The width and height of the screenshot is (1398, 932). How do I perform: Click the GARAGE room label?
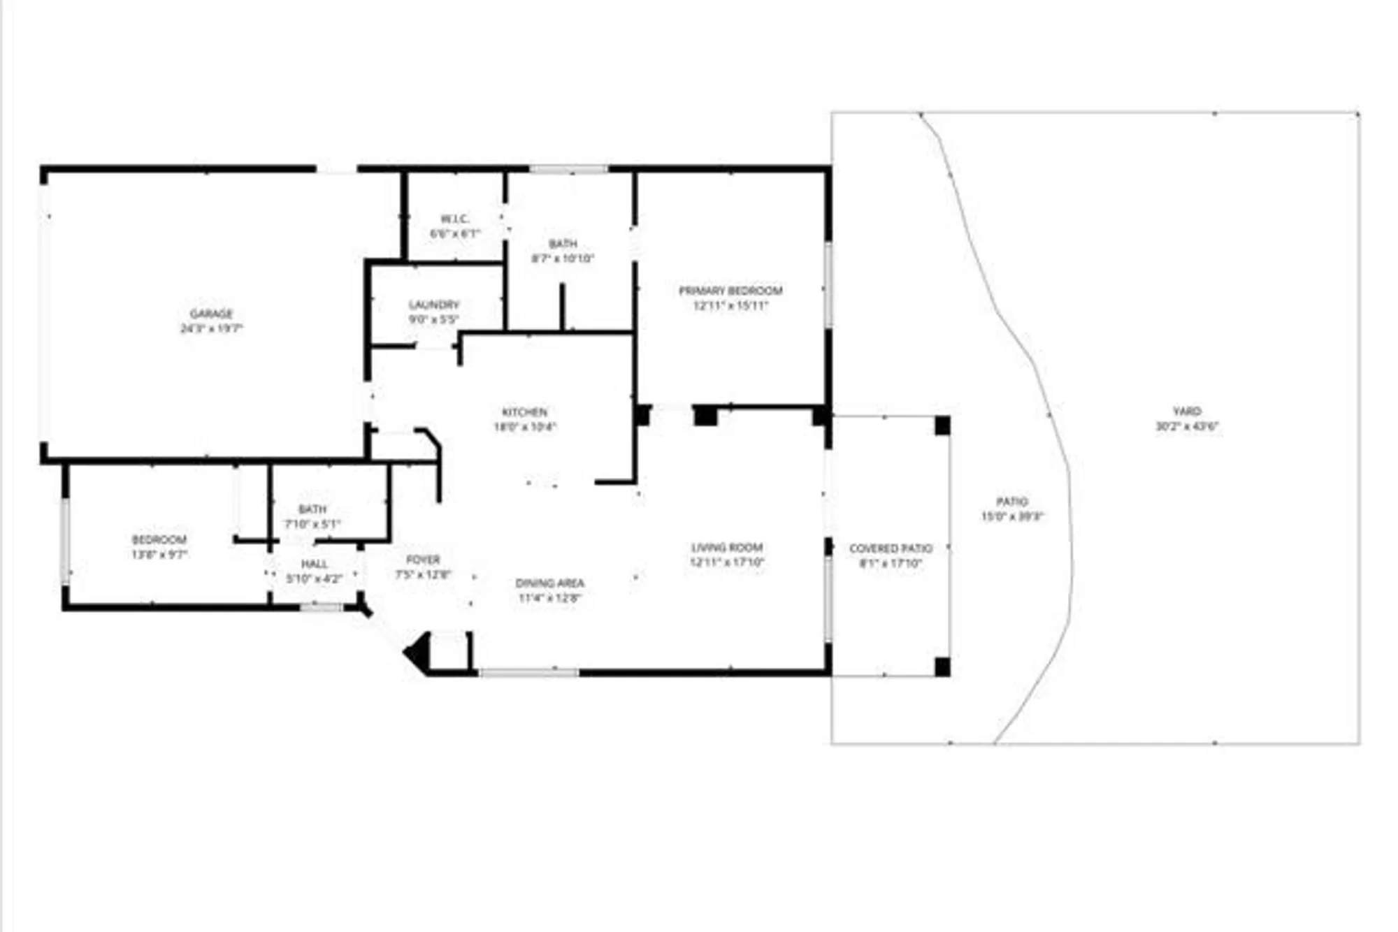(x=211, y=314)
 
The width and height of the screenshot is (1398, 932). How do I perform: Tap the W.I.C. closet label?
(x=454, y=219)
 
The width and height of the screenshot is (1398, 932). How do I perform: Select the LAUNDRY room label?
(x=434, y=305)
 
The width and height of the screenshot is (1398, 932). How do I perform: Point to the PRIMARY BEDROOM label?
(x=730, y=291)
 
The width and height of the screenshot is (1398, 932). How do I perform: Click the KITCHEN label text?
(x=524, y=412)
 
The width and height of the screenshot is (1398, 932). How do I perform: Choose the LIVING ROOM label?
(x=727, y=547)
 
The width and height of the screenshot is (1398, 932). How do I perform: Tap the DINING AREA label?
(x=549, y=583)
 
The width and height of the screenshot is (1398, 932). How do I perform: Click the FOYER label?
(x=423, y=560)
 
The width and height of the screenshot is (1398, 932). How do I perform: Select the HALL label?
(x=314, y=564)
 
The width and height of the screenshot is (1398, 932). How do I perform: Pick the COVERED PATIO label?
(x=891, y=548)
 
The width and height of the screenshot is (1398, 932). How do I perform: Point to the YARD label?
(x=1187, y=411)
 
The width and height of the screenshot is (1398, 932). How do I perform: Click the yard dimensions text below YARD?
(x=1187, y=426)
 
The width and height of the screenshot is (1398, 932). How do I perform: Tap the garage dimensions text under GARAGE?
(x=211, y=328)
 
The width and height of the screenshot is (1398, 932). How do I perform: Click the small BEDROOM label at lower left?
(x=159, y=539)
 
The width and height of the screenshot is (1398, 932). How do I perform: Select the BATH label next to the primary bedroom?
(x=563, y=243)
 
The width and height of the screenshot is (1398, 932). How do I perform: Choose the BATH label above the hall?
(x=312, y=509)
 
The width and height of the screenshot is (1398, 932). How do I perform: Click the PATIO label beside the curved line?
(x=1011, y=502)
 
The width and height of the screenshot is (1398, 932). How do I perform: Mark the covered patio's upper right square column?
(x=942, y=425)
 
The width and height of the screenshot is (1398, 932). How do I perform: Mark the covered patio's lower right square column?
(x=942, y=667)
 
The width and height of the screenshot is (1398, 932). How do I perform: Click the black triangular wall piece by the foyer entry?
(x=419, y=653)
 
